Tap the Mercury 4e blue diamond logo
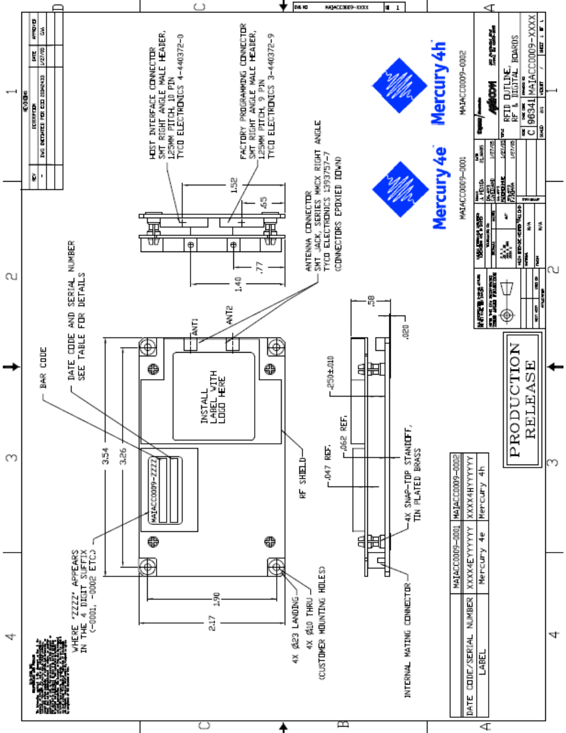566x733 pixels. [x=392, y=182]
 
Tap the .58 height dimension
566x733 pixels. [x=371, y=304]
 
